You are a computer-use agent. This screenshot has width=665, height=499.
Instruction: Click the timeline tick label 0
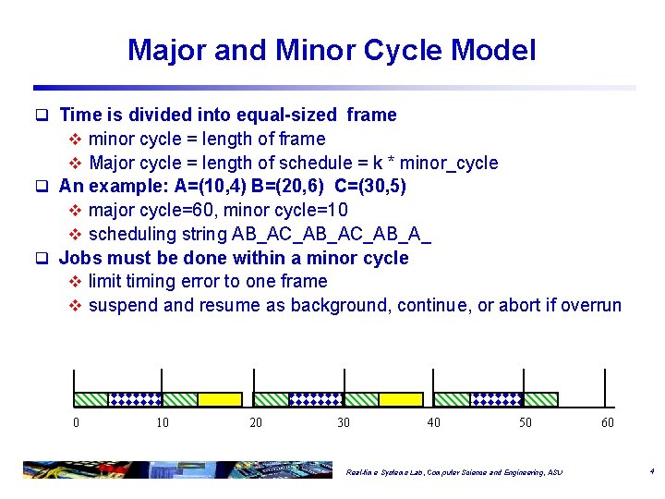pos(76,422)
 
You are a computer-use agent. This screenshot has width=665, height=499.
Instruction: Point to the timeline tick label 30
pos(344,422)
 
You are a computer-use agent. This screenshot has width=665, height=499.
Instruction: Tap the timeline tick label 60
pos(607,422)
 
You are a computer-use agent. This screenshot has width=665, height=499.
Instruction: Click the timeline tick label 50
pos(525,422)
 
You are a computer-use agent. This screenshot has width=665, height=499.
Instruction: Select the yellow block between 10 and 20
pos(220,399)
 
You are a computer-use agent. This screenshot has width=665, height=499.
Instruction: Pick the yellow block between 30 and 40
pos(400,399)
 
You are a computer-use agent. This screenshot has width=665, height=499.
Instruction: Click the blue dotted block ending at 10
pos(136,399)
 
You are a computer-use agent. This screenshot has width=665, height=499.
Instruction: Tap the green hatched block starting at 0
pos(91,399)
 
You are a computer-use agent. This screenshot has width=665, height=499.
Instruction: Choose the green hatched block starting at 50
pos(540,399)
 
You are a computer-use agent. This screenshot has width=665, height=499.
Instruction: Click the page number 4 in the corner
pos(651,471)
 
